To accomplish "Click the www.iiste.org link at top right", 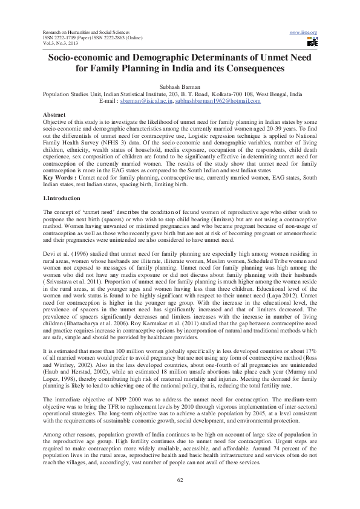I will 304,31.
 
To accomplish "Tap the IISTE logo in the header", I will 312,42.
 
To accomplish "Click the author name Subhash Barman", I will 180,88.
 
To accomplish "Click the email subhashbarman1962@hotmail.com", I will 218,101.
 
